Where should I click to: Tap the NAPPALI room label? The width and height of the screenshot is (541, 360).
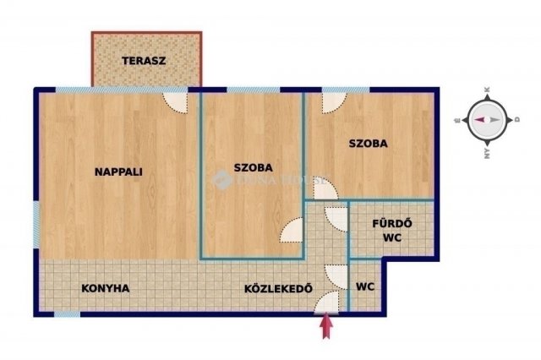point(117,172)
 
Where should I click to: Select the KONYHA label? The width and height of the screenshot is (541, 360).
point(106,288)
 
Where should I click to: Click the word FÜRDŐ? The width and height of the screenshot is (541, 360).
point(392,224)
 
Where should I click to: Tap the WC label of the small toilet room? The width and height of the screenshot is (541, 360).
point(365,287)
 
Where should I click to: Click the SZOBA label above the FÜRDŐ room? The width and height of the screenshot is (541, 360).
point(368,144)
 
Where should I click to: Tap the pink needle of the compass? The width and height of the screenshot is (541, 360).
point(479,120)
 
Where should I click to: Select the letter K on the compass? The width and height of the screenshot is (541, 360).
point(487,90)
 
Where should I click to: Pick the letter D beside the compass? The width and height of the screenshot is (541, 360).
point(516,120)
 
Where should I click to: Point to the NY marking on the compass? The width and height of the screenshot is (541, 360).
point(487,154)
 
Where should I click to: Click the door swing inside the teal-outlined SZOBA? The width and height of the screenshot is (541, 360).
point(292,230)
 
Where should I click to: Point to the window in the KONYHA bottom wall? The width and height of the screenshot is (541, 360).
point(68,314)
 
